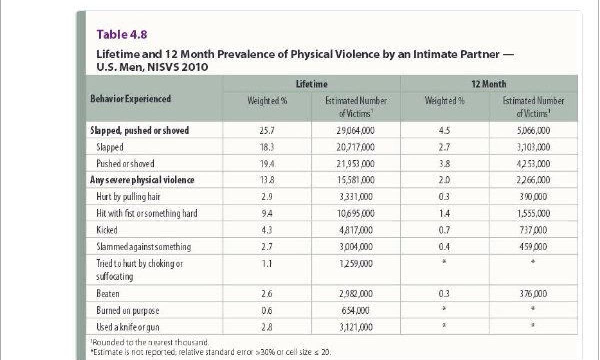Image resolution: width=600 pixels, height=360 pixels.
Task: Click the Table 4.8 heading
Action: pos(122,34)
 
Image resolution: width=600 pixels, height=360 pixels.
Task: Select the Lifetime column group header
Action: pos(311,84)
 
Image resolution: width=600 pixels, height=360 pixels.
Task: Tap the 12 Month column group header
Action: pos(489,84)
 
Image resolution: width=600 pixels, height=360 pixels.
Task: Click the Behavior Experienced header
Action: pos(130,99)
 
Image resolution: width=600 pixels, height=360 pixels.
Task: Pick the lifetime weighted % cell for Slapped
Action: pos(267,147)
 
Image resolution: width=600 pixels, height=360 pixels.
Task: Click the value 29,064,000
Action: pos(355,130)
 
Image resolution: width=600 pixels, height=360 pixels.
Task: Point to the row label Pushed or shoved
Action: pos(125,163)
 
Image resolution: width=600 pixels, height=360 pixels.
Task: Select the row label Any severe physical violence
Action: pos(142,180)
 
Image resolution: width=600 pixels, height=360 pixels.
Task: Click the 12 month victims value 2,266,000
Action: pos(533,180)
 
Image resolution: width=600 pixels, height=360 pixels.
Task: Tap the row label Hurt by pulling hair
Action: pos(128,197)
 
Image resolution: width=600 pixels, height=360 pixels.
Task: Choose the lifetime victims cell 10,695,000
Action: pos(355,213)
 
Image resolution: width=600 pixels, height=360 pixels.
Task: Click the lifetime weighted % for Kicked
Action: pos(267,230)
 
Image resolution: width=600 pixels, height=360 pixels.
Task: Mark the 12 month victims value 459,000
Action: pos(533,246)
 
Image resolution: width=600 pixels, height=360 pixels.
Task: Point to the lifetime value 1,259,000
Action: pos(355,264)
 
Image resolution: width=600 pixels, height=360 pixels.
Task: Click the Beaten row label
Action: pos(107,294)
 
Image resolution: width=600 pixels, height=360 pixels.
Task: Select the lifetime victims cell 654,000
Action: pos(355,310)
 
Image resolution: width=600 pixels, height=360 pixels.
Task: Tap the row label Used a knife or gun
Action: pos(128,327)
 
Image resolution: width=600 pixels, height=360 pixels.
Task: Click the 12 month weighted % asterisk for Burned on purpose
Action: pos(444,308)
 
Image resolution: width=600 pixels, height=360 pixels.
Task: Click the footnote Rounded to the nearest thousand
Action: pos(149,342)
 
